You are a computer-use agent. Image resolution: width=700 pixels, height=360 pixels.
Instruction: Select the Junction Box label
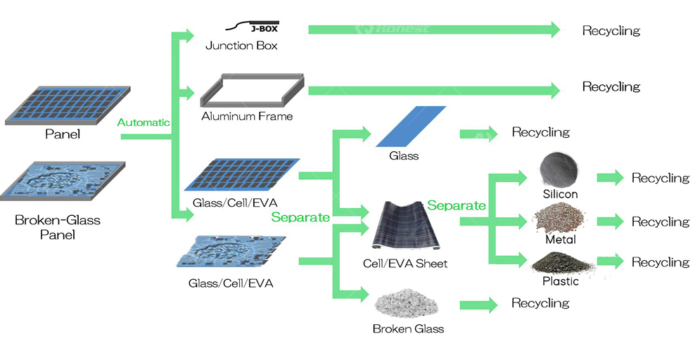[x=241, y=46]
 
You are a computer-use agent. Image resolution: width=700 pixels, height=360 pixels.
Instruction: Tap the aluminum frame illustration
[x=252, y=91]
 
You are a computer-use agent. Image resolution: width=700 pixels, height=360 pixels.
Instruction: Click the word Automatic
[x=144, y=122]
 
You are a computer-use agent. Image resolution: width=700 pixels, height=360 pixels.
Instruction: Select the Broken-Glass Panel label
[x=58, y=227]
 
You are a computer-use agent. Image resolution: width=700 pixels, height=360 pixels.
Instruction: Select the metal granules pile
[x=560, y=218]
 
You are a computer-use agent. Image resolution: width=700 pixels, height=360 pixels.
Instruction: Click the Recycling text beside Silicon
[x=660, y=178]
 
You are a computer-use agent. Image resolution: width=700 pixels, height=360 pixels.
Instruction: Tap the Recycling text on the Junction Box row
[x=611, y=31]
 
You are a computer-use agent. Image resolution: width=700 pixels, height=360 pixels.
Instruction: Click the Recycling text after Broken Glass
[x=540, y=303]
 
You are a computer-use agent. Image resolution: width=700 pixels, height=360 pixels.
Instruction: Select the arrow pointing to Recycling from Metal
[x=610, y=221]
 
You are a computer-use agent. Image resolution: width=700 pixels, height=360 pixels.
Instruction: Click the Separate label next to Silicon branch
[x=457, y=205]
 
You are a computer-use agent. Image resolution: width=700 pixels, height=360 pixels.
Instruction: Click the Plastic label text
[x=560, y=281]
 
